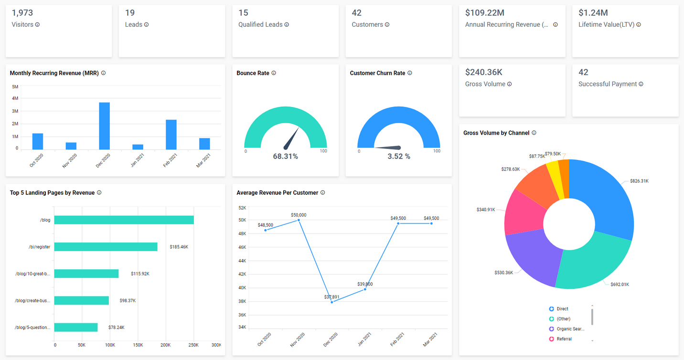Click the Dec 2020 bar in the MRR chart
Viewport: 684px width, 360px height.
(104, 126)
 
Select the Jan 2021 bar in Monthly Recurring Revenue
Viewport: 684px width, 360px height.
(138, 147)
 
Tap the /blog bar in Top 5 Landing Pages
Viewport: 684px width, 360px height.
(124, 220)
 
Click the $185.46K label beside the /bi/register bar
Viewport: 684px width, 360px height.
(179, 247)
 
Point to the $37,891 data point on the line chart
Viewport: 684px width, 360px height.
(332, 302)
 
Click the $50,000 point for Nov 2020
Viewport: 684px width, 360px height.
(299, 220)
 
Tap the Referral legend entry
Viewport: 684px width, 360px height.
(564, 339)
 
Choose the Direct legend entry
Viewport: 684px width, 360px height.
(562, 309)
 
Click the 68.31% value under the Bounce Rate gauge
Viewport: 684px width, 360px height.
(285, 157)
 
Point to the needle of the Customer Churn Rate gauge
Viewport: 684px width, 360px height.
(389, 148)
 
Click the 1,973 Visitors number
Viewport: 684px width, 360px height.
(22, 13)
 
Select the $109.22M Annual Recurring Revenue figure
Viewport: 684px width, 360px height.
(484, 13)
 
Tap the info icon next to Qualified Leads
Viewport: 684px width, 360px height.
(287, 25)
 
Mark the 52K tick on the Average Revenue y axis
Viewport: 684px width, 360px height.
(242, 208)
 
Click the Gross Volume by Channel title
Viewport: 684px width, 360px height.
(496, 133)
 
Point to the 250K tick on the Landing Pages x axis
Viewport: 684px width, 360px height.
(193, 345)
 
